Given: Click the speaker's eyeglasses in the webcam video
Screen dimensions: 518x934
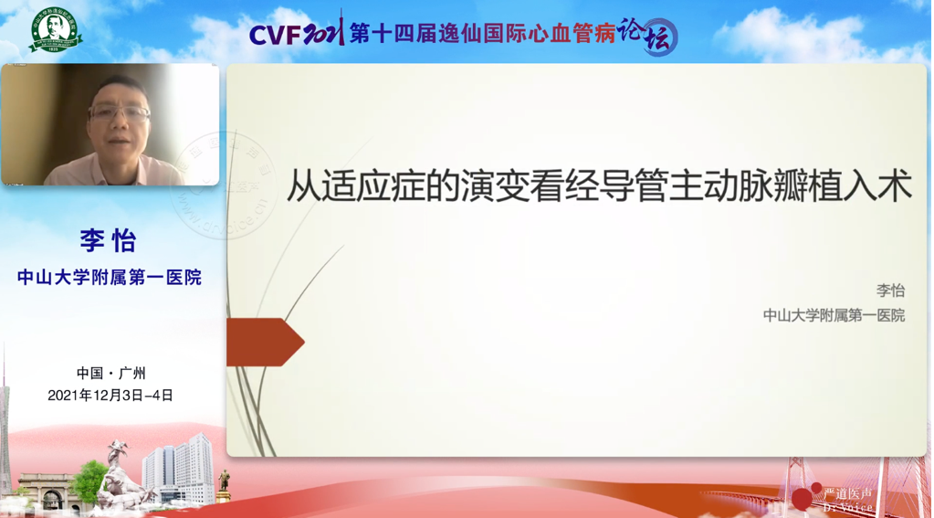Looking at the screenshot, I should tap(121, 114).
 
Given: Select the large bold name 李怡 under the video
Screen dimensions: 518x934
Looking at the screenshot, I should tap(108, 241).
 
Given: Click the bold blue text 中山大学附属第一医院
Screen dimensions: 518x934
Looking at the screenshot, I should tap(110, 277).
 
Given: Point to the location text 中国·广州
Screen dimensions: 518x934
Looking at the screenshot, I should tap(110, 373).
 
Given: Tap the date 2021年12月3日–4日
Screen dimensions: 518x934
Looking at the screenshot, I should tap(110, 396).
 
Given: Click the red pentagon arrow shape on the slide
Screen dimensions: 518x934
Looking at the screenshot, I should tap(264, 342).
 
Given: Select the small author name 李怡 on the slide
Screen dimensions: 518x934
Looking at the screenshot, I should tap(890, 291).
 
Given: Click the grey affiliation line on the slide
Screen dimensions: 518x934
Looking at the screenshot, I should tap(834, 315).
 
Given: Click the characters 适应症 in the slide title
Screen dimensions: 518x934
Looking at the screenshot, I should tap(365, 186).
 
